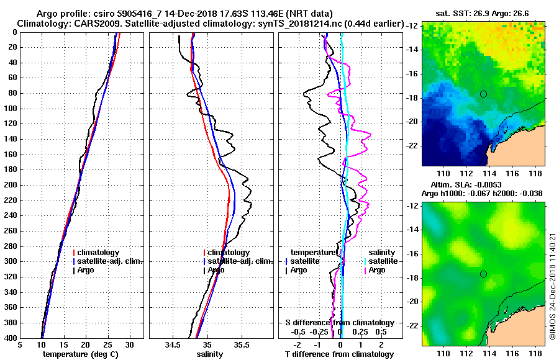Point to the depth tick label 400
pos(10,338)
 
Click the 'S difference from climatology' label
pos(339,323)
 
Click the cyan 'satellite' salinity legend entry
pos(379,261)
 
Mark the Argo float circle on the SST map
pos(483,94)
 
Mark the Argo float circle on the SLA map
pos(483,274)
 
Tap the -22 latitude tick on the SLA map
pos(412,325)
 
